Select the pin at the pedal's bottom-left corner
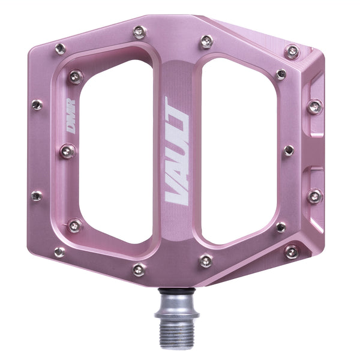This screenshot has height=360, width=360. click(x=59, y=252)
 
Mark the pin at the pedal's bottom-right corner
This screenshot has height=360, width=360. click(x=292, y=251)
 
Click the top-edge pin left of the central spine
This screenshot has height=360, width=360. click(x=139, y=32)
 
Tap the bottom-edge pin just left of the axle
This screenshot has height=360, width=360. click(x=139, y=270)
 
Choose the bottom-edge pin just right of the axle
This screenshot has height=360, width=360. click(x=206, y=260)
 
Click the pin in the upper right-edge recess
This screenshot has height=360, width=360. click(x=314, y=107)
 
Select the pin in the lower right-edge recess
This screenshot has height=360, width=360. click(x=314, y=196)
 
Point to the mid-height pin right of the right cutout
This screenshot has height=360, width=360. click(x=289, y=150)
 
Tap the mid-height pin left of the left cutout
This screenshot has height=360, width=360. click(x=67, y=151)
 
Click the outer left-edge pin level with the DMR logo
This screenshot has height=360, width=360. click(x=37, y=105)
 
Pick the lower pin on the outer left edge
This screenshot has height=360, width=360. click(x=37, y=196)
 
